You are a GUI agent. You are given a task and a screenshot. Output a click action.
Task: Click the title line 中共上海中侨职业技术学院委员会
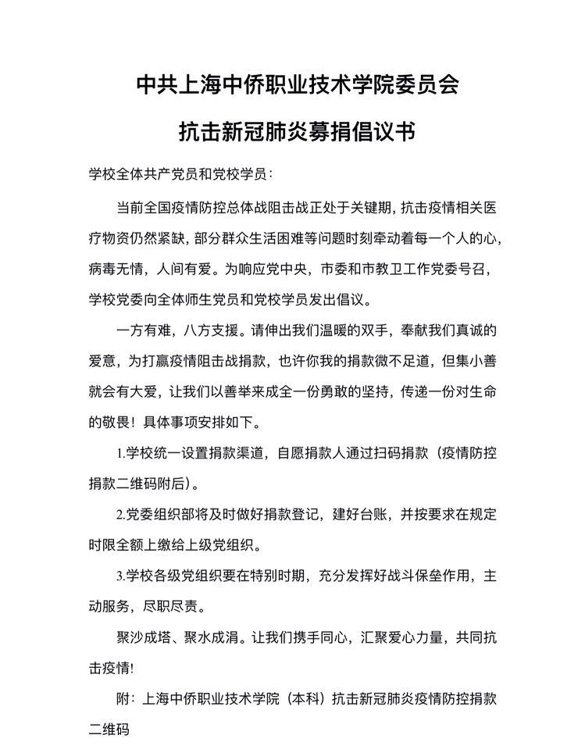click(x=292, y=84)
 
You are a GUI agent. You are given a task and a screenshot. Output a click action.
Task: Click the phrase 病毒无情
click(x=116, y=269)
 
